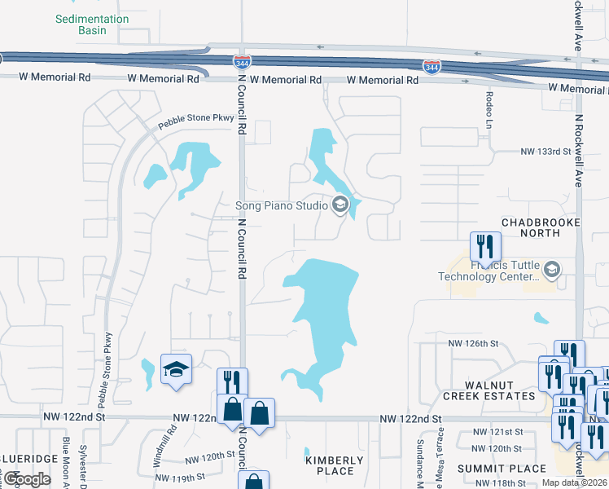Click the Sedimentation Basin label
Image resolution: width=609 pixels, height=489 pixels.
(92, 24)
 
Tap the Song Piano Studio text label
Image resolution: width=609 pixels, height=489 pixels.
(281, 205)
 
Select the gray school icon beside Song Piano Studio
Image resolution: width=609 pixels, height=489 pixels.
(340, 205)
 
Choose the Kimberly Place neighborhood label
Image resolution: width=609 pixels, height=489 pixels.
(335, 465)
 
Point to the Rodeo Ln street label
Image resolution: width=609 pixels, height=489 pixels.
(490, 109)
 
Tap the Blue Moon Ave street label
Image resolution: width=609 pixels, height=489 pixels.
(66, 463)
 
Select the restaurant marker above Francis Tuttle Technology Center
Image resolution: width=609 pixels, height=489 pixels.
(485, 245)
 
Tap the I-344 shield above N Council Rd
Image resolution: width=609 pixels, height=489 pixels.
(242, 62)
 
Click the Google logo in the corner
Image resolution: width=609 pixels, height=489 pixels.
(27, 478)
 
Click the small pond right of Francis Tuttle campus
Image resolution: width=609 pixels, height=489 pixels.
(541, 318)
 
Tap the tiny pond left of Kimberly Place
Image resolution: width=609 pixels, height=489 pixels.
(307, 452)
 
